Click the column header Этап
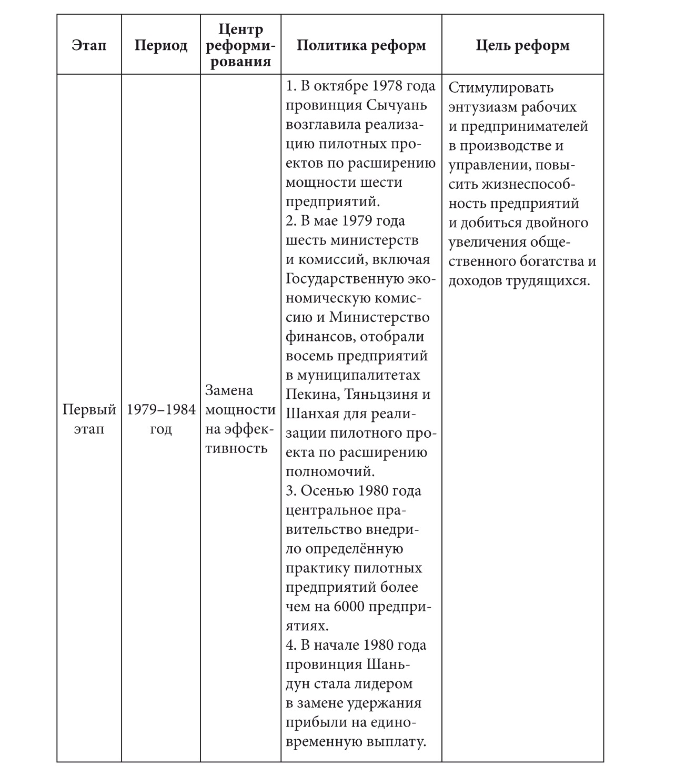click(x=89, y=45)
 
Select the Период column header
click(x=160, y=45)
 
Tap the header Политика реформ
click(x=361, y=45)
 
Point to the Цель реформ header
click(x=522, y=45)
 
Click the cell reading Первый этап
click(x=89, y=419)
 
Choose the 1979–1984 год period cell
click(x=160, y=419)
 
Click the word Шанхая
click(x=311, y=414)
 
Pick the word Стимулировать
click(x=501, y=87)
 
